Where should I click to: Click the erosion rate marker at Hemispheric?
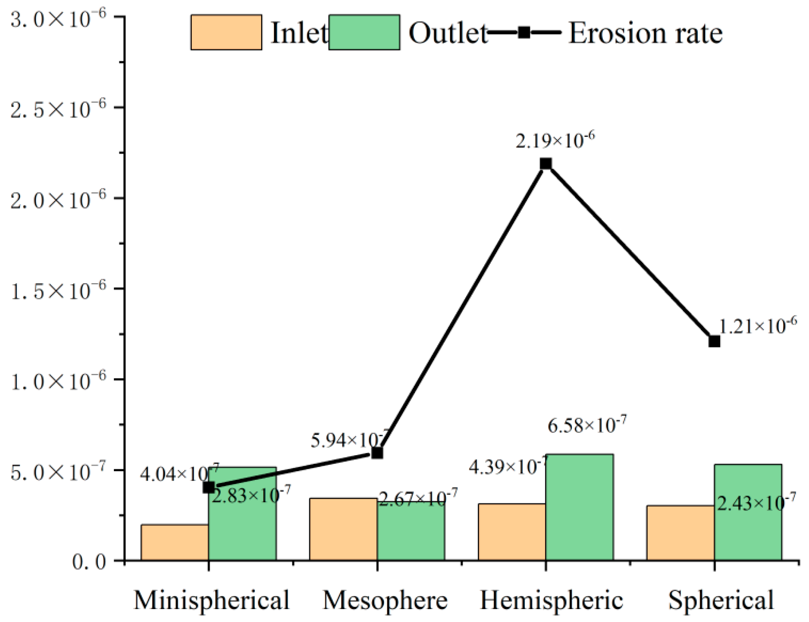tap(546, 163)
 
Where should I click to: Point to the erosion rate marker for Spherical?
tap(714, 341)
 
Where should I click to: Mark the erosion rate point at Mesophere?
tap(377, 453)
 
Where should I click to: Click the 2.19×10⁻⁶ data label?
tap(555, 140)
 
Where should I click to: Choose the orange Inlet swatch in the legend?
tap(226, 32)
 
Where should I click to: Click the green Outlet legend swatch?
tap(364, 32)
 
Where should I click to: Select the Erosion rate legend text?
tap(645, 33)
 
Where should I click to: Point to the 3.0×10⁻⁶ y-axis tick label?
tap(58, 18)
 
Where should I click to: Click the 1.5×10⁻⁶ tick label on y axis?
tap(58, 290)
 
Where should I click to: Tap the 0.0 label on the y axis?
tap(89, 562)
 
